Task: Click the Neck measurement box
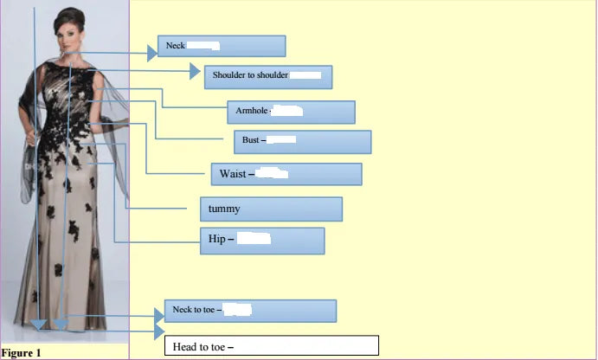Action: tap(222, 46)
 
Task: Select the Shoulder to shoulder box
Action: tap(268, 76)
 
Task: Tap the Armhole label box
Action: tap(292, 112)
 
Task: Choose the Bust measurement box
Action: tap(302, 141)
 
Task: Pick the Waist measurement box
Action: tap(286, 174)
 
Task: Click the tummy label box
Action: tap(270, 209)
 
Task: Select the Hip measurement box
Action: tap(262, 240)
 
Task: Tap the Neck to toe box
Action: tap(250, 311)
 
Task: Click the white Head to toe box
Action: tap(272, 346)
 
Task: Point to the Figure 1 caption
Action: tap(22, 353)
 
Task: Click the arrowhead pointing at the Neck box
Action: tap(152, 53)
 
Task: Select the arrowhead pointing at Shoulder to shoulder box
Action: tap(195, 72)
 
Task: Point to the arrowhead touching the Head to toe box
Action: tap(159, 331)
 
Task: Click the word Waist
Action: tap(233, 174)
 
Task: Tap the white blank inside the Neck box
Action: tap(203, 45)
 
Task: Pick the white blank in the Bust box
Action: tap(282, 139)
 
